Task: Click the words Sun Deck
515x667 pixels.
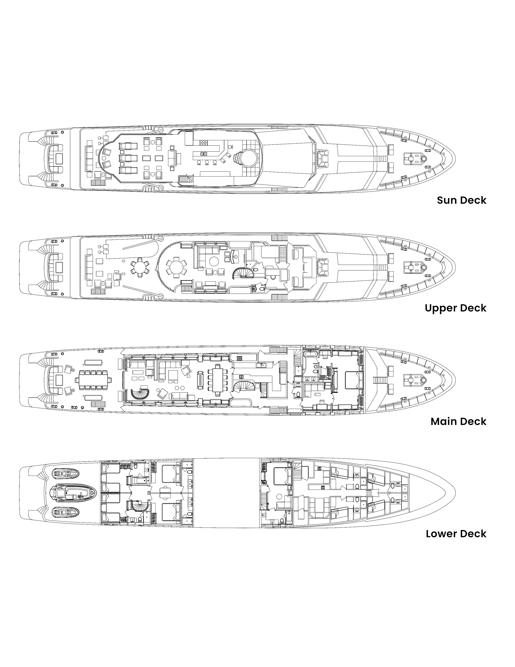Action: point(462,200)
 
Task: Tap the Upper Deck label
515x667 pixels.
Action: point(455,308)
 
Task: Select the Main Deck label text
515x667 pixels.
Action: point(459,421)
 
